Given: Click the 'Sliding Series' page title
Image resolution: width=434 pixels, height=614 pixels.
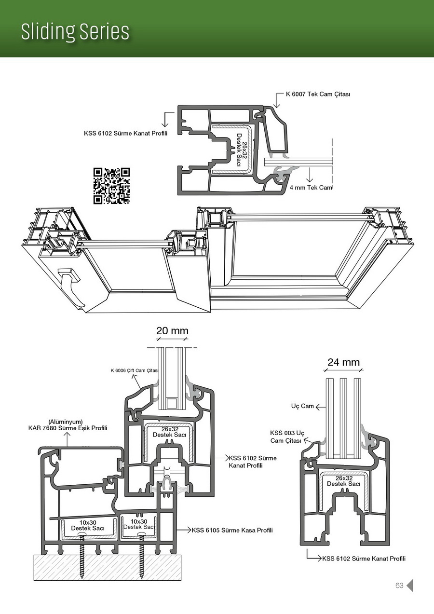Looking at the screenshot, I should tap(75, 32).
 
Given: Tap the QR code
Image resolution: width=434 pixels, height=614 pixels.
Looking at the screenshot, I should tap(112, 186).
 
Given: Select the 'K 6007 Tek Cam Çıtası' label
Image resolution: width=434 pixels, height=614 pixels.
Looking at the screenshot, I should tap(314, 94).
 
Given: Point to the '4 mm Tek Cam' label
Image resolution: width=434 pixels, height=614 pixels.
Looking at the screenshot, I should tap(311, 188).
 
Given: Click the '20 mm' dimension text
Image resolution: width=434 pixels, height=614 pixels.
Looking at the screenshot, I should tap(172, 331).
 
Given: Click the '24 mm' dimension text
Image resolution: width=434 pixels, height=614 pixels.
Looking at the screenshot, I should tap(343, 362).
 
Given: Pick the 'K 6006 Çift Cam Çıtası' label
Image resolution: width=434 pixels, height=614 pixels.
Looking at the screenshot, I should tap(134, 370).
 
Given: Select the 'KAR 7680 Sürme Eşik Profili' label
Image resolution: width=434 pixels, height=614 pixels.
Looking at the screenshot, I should tap(68, 428).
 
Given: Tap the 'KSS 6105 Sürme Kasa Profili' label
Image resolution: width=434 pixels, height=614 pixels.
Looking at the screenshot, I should tap(232, 530).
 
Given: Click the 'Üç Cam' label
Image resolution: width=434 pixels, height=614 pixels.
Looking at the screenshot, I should tap(302, 406).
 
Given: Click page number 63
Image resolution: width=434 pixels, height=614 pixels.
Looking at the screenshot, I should tap(399, 586).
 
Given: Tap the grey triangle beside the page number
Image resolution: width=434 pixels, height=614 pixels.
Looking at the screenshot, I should tap(410, 586).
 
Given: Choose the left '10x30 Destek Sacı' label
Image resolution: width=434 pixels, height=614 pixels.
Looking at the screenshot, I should tap(88, 525).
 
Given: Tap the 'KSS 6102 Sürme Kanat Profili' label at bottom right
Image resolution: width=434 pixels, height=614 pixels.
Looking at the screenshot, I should tap(364, 559).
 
